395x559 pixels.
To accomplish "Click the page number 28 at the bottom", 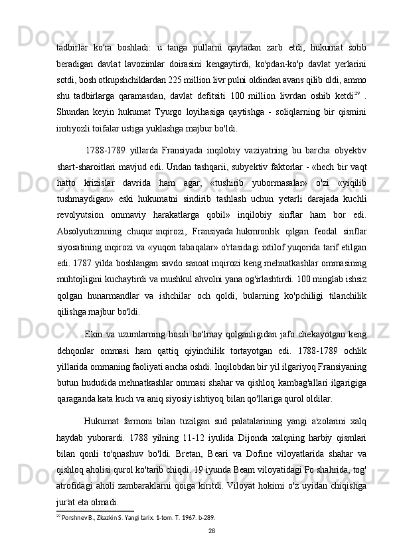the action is (211, 531).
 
